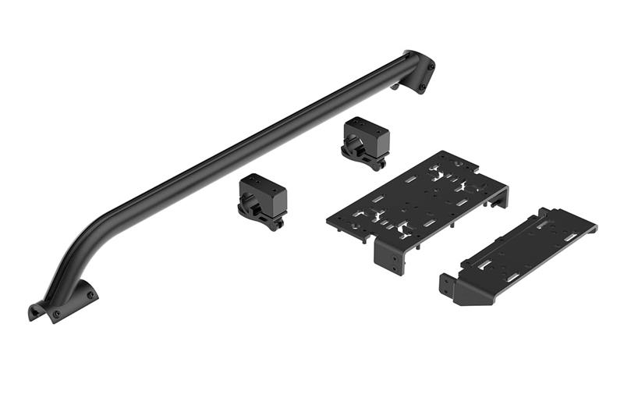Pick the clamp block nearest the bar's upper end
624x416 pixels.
pos(365,141)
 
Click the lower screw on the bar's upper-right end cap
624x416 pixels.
pos(423,87)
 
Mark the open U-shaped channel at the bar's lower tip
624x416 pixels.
pos(35,312)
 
